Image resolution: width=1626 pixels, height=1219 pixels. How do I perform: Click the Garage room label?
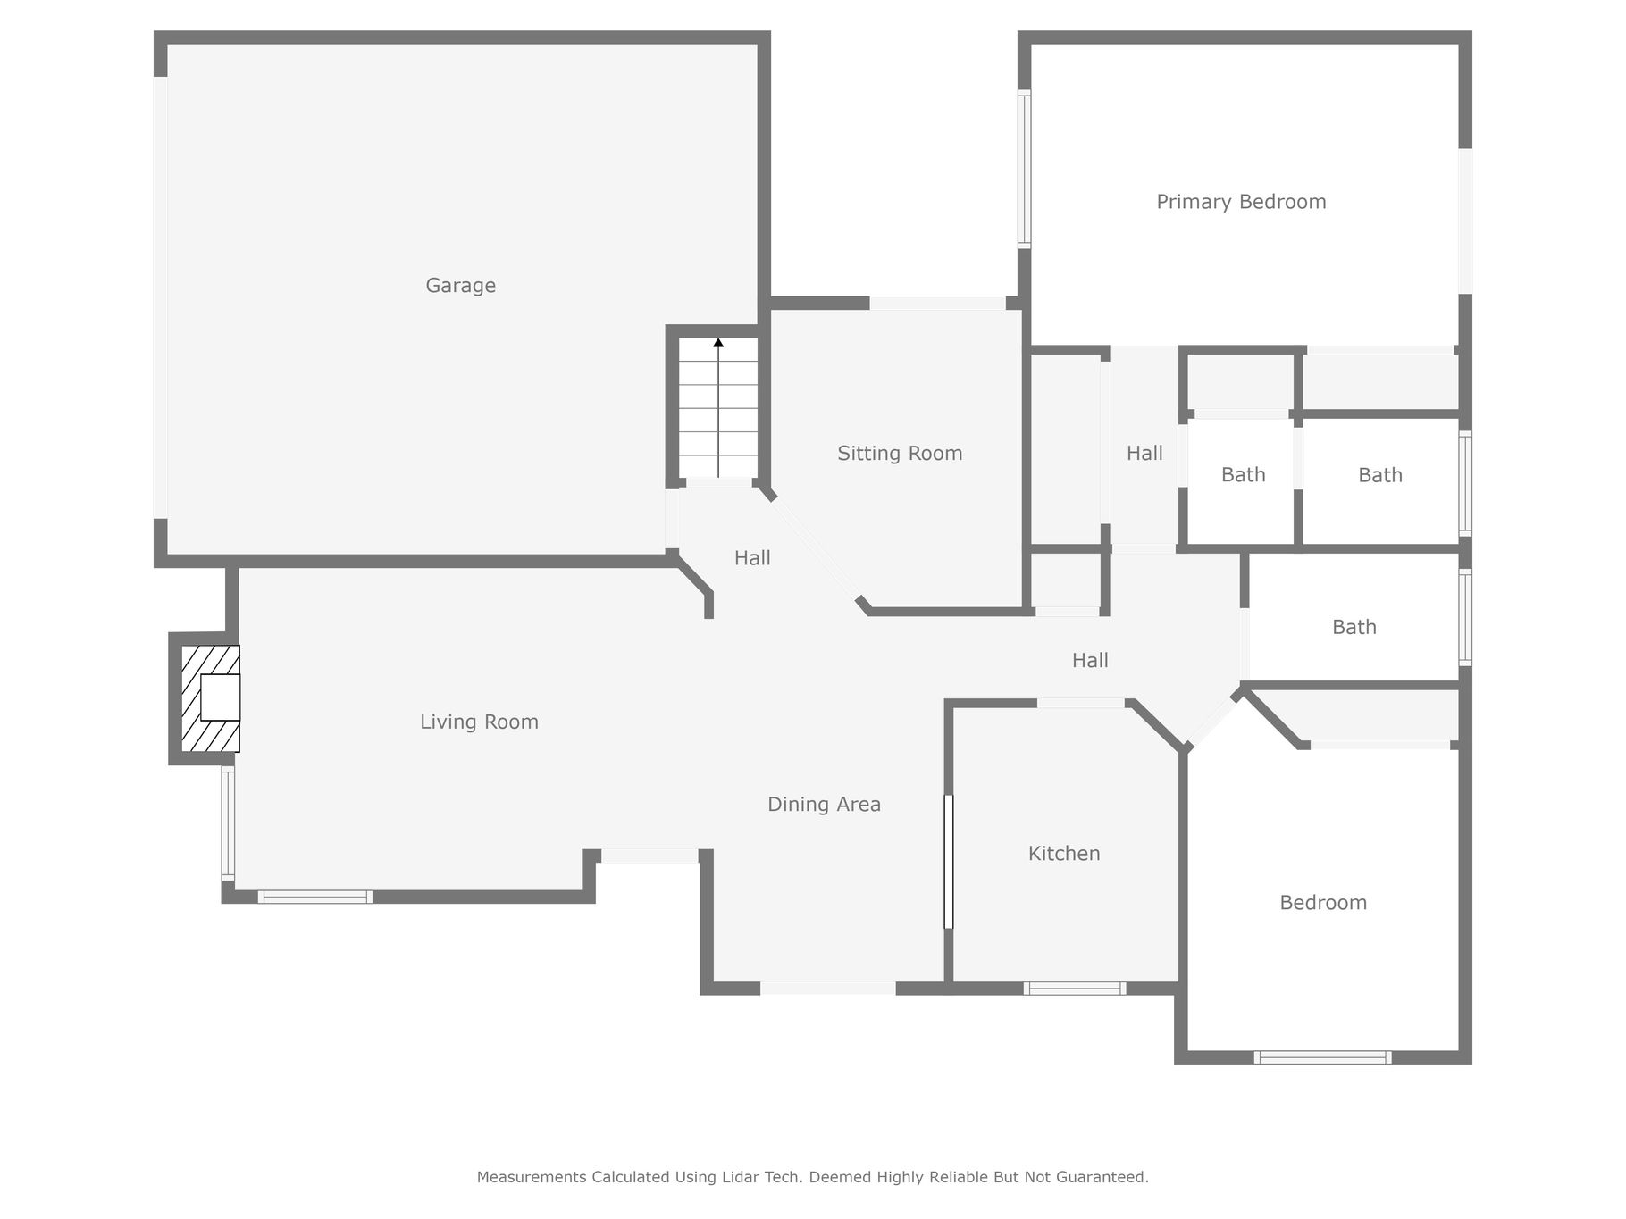click(460, 286)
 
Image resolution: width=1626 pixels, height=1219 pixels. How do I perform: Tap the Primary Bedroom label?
click(1241, 203)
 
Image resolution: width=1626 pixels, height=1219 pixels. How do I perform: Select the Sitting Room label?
click(900, 454)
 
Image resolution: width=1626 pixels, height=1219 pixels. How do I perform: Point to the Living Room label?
click(479, 722)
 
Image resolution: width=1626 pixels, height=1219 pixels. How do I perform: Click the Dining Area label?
click(824, 805)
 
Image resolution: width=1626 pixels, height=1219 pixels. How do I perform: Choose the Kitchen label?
click(1064, 854)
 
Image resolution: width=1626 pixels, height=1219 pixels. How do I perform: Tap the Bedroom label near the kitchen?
click(1323, 903)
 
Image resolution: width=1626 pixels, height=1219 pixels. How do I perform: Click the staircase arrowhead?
click(718, 342)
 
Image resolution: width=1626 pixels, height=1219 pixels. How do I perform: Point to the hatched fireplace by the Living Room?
click(211, 698)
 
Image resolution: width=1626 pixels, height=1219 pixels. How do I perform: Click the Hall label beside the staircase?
click(752, 558)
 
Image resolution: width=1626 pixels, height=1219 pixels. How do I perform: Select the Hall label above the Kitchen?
click(1090, 661)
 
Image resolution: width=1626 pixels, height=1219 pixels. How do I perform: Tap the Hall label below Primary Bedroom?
click(1144, 454)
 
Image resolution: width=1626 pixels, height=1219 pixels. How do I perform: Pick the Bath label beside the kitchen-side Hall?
click(1354, 628)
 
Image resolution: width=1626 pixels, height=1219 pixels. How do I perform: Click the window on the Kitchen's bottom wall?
click(1074, 989)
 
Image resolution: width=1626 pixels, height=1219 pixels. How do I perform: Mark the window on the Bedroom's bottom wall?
click(1322, 1057)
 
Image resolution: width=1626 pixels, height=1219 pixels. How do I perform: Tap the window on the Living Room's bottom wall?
click(315, 897)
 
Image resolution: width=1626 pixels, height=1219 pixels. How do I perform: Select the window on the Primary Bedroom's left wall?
click(1025, 169)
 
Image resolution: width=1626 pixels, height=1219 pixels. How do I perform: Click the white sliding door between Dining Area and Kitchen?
click(949, 862)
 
